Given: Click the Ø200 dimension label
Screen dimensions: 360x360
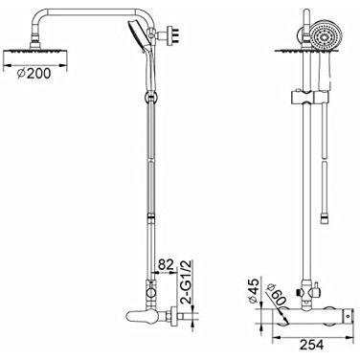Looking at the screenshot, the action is point(34,74).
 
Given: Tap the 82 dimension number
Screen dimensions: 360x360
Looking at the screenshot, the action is point(166,264).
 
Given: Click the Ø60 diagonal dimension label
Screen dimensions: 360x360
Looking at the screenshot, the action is point(277,294).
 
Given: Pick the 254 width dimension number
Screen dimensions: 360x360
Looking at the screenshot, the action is point(311,345).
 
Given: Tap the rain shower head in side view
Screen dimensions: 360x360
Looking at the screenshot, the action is point(35,52).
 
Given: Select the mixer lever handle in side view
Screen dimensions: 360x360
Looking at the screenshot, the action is point(138,316).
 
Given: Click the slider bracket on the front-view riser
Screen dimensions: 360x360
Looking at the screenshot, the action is point(308,98).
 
